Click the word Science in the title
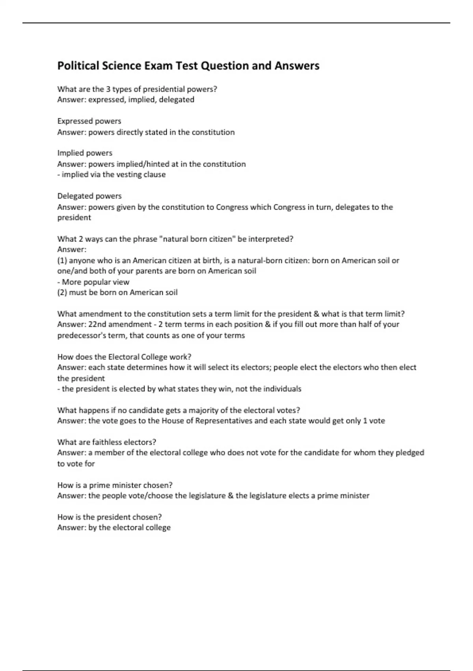[122, 66]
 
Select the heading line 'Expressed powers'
[89, 121]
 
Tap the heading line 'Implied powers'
[85, 153]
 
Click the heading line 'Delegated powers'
[89, 196]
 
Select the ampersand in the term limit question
[316, 314]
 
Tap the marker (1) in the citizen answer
[62, 261]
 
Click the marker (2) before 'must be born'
[62, 292]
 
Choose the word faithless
[107, 442]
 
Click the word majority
[205, 410]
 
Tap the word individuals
[282, 389]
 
